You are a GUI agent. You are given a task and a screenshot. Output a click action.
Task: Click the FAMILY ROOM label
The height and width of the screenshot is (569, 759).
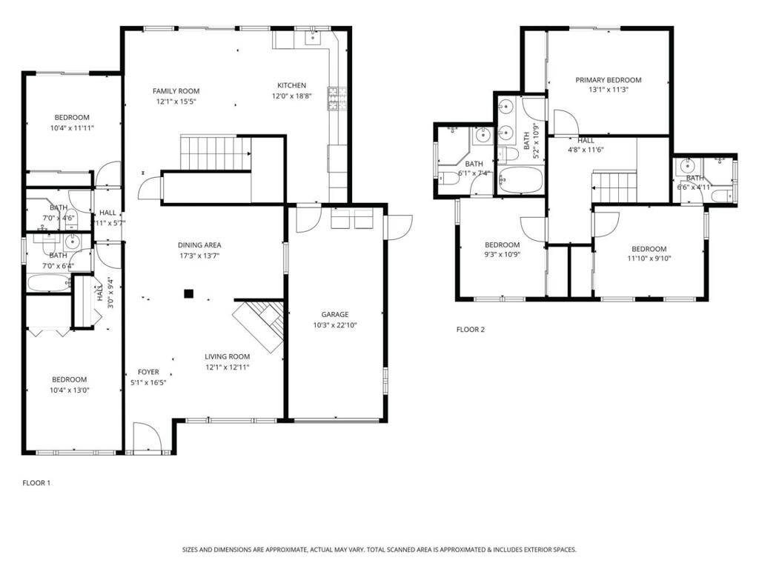(x=176, y=91)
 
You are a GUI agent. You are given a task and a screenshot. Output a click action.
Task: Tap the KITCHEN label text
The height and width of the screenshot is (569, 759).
(x=291, y=85)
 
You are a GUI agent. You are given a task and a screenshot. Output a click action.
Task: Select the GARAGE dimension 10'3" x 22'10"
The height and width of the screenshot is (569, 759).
(x=335, y=325)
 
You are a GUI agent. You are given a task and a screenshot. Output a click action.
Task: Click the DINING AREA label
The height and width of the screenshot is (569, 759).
(x=199, y=245)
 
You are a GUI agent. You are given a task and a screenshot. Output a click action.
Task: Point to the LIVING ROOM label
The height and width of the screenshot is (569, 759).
(x=227, y=356)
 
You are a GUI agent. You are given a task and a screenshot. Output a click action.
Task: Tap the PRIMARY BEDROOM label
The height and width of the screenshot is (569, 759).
(x=608, y=80)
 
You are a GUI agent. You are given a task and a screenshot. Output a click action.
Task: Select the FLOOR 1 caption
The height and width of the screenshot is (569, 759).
(x=36, y=483)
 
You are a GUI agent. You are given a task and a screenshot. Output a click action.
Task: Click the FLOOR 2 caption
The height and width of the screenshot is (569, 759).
(x=470, y=330)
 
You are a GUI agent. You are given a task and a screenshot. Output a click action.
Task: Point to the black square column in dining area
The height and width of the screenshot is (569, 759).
(x=189, y=293)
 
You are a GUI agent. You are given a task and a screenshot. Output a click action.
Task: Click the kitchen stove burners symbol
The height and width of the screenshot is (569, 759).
(x=337, y=99)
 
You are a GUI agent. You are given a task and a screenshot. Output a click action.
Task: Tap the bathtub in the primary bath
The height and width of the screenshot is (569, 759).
(x=521, y=180)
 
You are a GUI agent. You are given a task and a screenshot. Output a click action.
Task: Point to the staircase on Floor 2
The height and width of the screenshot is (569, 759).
(x=614, y=187)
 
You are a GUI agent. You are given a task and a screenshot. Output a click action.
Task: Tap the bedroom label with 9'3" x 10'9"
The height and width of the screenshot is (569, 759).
(x=502, y=245)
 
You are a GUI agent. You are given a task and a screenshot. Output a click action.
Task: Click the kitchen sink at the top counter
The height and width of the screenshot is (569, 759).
(x=309, y=38)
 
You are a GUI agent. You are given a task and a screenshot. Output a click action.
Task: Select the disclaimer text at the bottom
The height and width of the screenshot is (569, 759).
(x=379, y=550)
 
